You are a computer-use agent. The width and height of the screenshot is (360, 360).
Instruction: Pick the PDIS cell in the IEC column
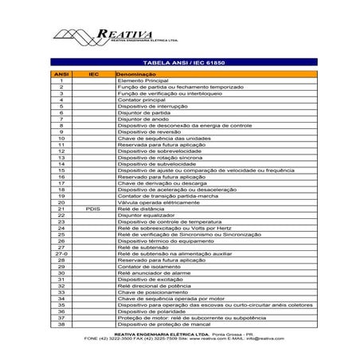(x=94, y=209)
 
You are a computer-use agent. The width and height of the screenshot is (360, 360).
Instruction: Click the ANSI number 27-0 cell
(x=61, y=252)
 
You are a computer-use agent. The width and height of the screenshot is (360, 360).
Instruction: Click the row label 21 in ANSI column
(x=61, y=209)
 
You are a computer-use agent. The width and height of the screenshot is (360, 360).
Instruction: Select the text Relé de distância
(x=140, y=209)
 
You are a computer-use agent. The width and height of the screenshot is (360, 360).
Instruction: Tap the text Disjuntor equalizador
(x=145, y=217)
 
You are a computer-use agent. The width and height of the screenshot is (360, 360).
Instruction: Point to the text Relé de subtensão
(x=141, y=246)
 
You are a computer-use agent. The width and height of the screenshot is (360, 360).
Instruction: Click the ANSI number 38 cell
(x=61, y=325)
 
